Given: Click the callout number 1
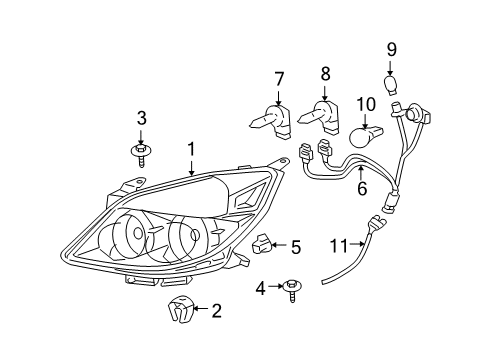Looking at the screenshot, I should (x=191, y=149).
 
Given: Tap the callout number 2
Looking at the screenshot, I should (x=216, y=312).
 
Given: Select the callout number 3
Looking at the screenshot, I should (x=141, y=118).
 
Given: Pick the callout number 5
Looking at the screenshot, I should (x=296, y=245).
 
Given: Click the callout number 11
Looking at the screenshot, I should (x=338, y=244).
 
